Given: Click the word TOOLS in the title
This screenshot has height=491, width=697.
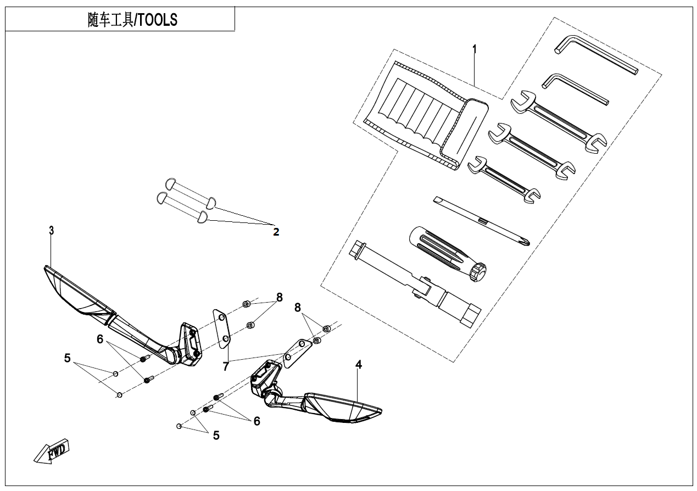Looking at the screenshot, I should coord(158,20).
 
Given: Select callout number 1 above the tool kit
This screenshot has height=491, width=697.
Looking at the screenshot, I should coord(475,49).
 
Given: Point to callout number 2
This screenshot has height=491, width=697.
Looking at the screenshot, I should coord(276,232).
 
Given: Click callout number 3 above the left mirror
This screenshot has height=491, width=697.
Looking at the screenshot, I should coord(51,231).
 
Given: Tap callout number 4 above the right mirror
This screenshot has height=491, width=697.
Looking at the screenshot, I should coord(358,365).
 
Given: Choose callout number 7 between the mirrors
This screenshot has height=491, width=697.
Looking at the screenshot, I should coord(226,367).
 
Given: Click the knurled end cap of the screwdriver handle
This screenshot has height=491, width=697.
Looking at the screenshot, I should coord(477,272).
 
